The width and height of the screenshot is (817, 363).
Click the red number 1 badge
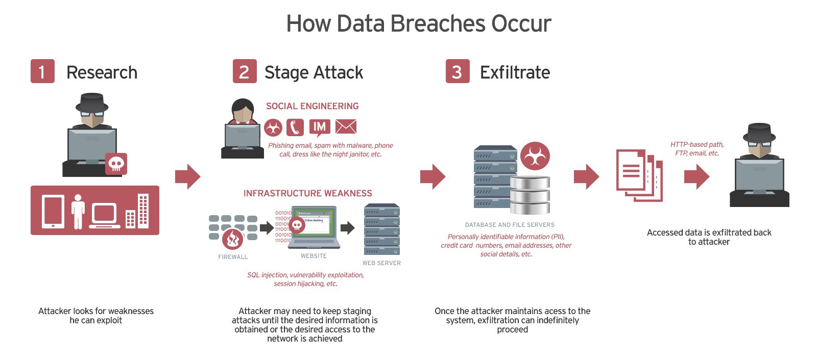point(42,71)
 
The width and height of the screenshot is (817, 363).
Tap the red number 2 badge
point(245,71)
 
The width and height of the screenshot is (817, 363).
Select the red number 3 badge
point(458,71)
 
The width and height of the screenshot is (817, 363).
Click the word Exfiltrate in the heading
point(515,72)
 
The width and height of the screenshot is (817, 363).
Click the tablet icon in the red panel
point(53,211)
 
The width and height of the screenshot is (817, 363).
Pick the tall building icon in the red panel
point(143,211)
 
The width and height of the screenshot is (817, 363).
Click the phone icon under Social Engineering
point(295,127)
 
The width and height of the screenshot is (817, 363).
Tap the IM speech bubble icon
point(320,127)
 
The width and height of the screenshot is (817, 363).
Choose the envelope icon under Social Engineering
point(346,127)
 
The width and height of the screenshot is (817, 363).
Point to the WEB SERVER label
point(381,263)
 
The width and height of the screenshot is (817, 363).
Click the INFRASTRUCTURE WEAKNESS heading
point(307,193)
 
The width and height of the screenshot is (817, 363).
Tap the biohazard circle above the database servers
point(535,156)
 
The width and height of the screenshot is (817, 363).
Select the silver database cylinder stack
point(530,195)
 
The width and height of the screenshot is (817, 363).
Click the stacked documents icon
point(639,175)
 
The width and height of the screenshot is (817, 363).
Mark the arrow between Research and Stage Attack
point(187,176)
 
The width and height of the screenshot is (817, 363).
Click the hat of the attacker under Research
point(92,102)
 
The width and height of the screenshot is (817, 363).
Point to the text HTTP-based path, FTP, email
point(697,149)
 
